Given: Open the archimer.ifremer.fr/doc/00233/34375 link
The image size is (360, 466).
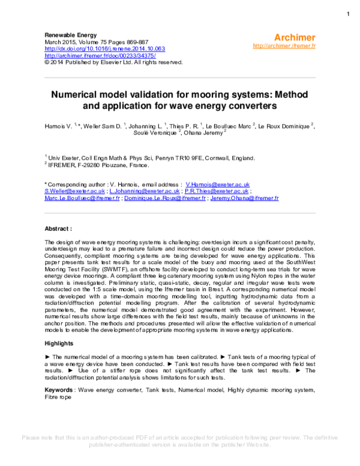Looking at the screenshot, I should [x=98, y=55].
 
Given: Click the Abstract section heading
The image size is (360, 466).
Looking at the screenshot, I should [x=59, y=229].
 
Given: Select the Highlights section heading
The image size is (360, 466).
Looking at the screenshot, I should [x=61, y=343].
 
